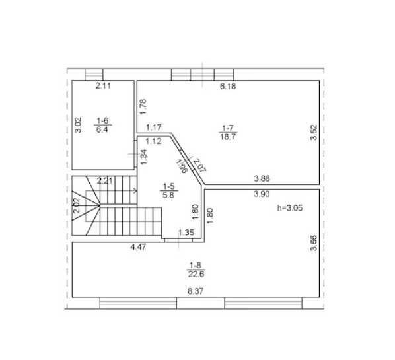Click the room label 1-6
tap(102, 120)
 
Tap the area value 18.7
tap(228, 137)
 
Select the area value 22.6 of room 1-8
tap(196, 274)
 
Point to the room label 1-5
tap(168, 186)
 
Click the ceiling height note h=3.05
tap(290, 208)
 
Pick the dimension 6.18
tap(228, 86)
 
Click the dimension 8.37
tap(196, 291)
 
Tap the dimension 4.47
tap(138, 247)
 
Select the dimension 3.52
tap(314, 132)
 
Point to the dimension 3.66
tap(314, 243)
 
